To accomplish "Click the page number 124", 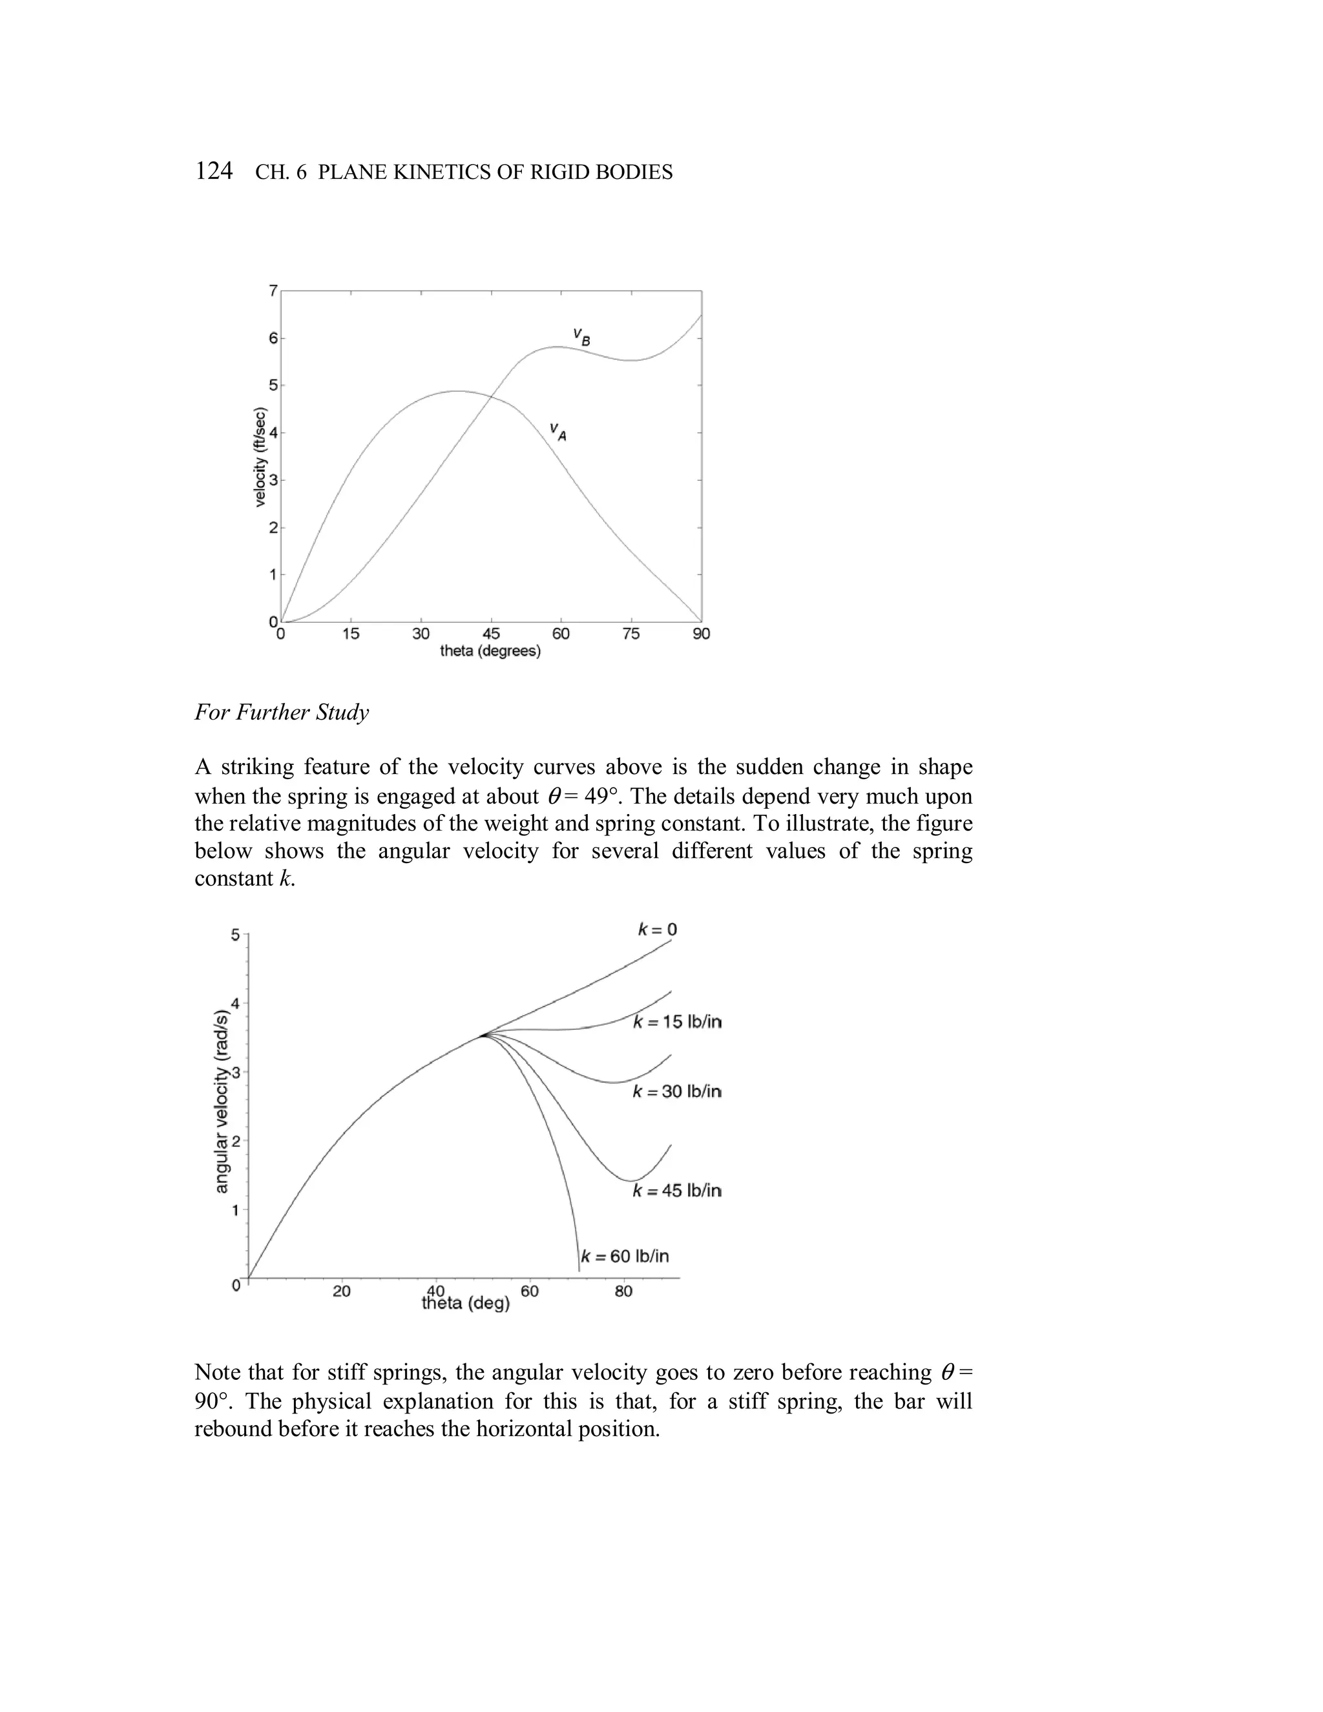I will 213,171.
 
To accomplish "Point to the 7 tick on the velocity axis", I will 273,291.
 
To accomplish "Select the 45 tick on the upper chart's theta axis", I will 491,634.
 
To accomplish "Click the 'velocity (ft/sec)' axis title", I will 261,457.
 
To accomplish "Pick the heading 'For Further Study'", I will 282,713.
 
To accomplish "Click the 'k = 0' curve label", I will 657,930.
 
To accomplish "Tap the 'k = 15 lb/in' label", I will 677,1022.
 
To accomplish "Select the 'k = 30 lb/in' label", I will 677,1091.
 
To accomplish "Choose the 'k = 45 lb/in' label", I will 677,1191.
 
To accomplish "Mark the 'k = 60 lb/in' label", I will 625,1257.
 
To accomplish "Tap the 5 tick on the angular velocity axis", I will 235,934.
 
